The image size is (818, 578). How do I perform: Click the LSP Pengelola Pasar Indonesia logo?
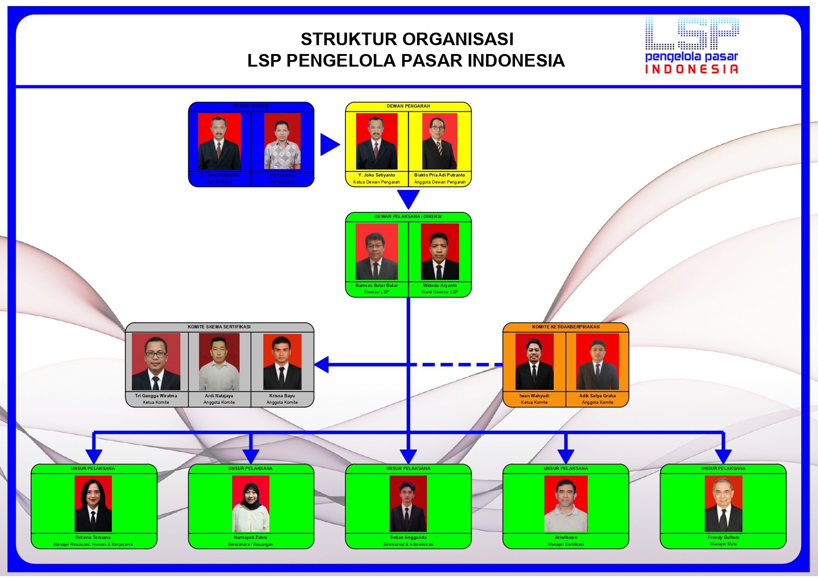[692, 46]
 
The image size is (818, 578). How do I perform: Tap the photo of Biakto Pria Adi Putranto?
[440, 141]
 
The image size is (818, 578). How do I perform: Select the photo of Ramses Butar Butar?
[377, 252]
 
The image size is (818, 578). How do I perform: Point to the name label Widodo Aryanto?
[440, 286]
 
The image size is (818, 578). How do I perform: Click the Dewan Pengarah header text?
[408, 106]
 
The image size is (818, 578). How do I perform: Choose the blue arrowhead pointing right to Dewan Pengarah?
[330, 144]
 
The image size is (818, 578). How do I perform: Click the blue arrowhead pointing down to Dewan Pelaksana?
[408, 199]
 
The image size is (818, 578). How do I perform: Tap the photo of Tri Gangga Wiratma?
[156, 361]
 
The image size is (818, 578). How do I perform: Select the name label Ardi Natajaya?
[219, 396]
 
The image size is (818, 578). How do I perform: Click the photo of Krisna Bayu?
[282, 361]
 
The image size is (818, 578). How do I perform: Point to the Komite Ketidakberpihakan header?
[566, 327]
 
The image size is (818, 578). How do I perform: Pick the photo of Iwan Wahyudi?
[534, 361]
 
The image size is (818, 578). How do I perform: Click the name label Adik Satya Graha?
[598, 396]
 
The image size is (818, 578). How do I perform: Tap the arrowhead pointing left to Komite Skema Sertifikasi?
[322, 365]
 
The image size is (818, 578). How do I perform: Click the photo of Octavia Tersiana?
[93, 503]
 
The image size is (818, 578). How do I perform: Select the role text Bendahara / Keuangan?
[251, 544]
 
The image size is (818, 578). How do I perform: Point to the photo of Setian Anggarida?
[408, 503]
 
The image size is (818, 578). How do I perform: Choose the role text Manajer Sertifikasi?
[566, 544]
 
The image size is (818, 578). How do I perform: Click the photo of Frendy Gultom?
[723, 503]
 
